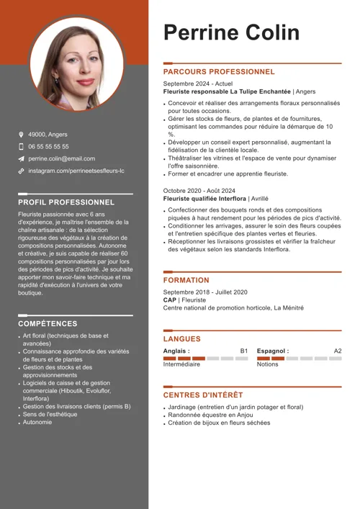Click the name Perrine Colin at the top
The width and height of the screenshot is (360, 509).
tap(231, 32)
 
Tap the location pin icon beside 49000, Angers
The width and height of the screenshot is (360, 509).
tap(21, 134)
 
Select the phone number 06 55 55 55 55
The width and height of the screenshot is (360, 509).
tap(48, 146)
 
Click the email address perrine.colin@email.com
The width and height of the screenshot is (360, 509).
tap(61, 158)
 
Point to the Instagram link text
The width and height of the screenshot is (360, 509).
tap(76, 171)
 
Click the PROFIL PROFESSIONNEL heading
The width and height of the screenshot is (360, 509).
tap(66, 202)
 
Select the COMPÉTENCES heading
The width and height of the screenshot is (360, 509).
tap(48, 324)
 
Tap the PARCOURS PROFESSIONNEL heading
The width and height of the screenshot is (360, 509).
tap(219, 72)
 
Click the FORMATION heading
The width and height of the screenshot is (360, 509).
tap(186, 280)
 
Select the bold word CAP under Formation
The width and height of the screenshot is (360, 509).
tap(170, 299)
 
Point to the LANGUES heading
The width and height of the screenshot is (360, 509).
tap(182, 338)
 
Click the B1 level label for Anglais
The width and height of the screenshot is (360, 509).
tap(244, 351)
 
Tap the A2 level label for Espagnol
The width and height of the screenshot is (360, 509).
tap(338, 351)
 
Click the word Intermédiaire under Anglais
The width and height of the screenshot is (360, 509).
tap(181, 364)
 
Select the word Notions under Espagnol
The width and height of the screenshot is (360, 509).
tap(267, 364)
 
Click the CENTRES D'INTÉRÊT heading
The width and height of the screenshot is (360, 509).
tap(203, 395)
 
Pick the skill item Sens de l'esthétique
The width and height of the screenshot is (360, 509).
tap(50, 414)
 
